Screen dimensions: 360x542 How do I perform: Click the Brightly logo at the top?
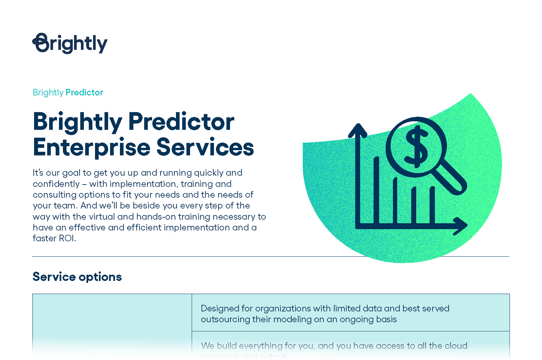click(x=70, y=43)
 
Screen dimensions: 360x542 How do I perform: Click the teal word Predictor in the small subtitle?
click(x=84, y=92)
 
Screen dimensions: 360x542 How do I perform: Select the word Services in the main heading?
click(x=205, y=147)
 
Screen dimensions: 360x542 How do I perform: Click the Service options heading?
click(x=77, y=277)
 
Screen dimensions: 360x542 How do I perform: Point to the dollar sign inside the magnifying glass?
click(x=416, y=147)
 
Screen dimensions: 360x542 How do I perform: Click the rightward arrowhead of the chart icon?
click(x=461, y=226)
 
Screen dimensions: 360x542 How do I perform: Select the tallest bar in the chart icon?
click(x=376, y=191)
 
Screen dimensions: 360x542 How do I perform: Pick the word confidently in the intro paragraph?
click(x=56, y=184)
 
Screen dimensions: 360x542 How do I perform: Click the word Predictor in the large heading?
click(x=181, y=122)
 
